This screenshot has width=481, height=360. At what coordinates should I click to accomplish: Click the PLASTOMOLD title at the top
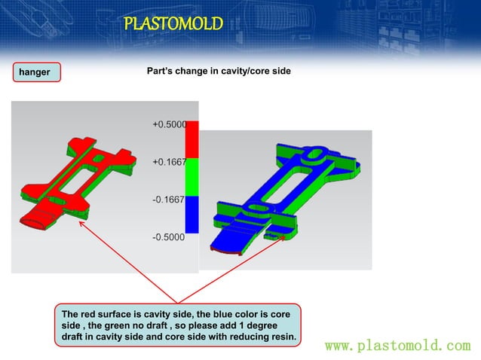tap(173, 24)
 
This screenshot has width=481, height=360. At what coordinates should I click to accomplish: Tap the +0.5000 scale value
tap(169, 124)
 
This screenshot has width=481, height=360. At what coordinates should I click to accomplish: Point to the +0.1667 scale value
tap(169, 162)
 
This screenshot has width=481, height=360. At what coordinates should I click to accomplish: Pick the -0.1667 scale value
tap(169, 200)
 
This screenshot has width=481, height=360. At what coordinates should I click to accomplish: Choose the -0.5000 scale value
tap(169, 238)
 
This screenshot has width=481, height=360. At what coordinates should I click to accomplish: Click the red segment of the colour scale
tap(191, 139)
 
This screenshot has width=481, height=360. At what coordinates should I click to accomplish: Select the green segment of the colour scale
tap(191, 177)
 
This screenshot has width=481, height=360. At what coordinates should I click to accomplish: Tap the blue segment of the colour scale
tap(191, 215)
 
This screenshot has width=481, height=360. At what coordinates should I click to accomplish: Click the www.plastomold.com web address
tap(397, 346)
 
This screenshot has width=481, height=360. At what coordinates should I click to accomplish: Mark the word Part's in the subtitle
tap(160, 72)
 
